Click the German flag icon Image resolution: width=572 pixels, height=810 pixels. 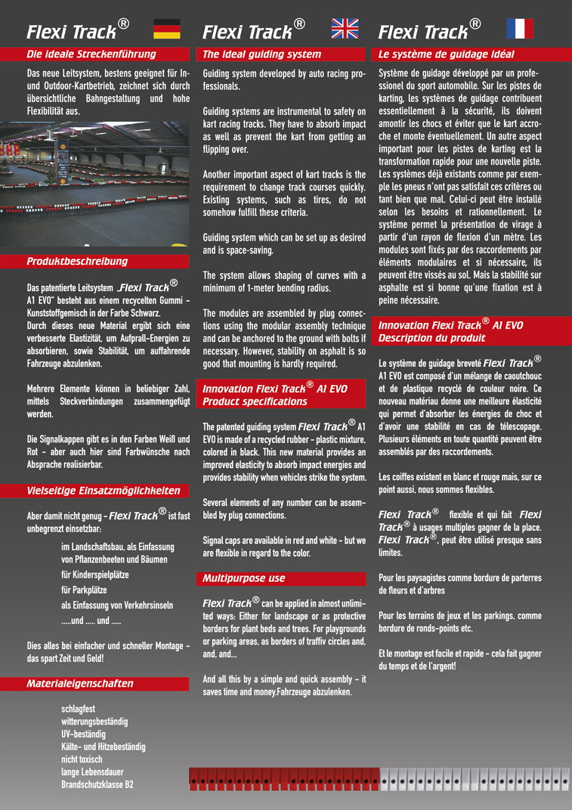point(166,29)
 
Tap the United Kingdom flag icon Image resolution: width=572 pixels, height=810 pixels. point(345,29)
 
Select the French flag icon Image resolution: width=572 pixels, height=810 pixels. point(519,29)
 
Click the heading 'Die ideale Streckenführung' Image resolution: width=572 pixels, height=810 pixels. point(91,54)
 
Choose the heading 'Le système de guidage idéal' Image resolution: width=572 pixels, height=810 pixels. point(446,54)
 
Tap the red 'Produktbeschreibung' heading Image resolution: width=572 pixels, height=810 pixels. point(77,262)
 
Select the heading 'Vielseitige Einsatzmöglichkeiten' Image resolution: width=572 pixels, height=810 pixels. point(104,490)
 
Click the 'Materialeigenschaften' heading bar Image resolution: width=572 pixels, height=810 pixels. point(80,684)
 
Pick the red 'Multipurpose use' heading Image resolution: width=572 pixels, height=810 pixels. point(244,579)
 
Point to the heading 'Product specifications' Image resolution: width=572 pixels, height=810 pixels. point(255,402)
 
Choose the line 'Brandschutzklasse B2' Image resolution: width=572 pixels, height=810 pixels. point(97,784)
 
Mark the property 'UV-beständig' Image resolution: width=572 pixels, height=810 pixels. point(84,734)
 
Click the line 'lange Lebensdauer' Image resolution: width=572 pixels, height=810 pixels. point(92,771)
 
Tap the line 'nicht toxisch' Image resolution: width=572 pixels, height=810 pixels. point(82,759)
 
